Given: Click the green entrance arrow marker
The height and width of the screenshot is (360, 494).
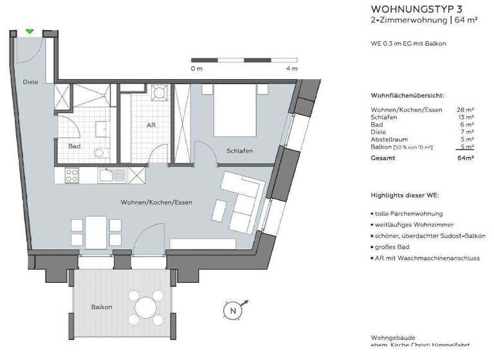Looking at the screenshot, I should click(x=30, y=31).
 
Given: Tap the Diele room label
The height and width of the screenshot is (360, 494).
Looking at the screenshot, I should click(x=30, y=82).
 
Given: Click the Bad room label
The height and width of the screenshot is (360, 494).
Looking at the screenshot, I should click(x=75, y=146).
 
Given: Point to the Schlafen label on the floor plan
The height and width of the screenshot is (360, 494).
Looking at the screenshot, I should click(x=239, y=150).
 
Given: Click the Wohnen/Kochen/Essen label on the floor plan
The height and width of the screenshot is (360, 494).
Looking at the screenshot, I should click(x=156, y=203).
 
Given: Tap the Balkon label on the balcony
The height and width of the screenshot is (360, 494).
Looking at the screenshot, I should click(x=101, y=307).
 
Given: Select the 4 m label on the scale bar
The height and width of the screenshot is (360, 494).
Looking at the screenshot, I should click(x=292, y=68).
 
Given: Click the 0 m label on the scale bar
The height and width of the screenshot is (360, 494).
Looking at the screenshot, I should click(x=196, y=68).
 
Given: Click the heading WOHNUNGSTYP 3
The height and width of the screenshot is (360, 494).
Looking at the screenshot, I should click(x=411, y=9).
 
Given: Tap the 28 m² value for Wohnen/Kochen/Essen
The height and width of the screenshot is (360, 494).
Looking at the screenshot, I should click(x=465, y=110).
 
